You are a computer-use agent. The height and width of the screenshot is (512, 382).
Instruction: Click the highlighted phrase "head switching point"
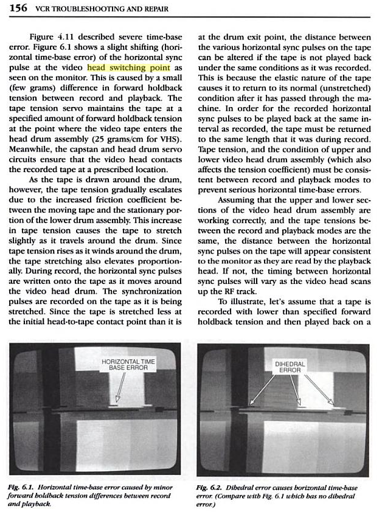pos(128,67)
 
